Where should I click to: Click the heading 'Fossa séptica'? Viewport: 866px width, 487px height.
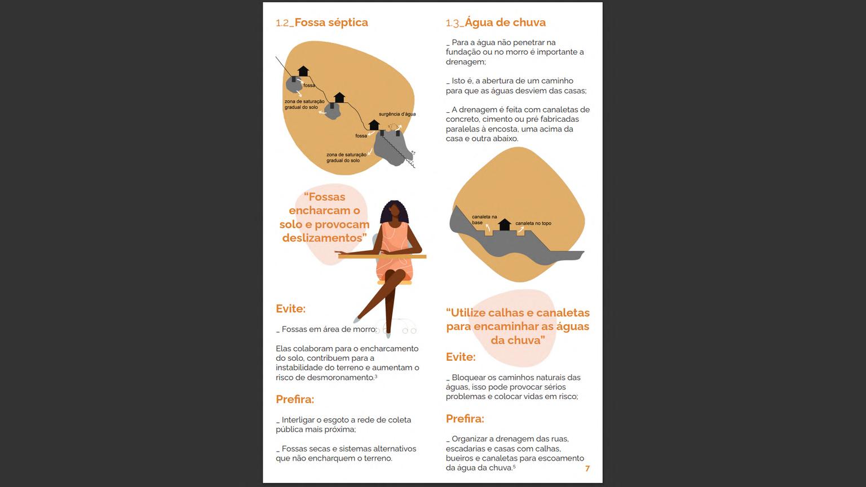pos(331,23)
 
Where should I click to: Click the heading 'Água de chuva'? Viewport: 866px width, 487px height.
pos(505,23)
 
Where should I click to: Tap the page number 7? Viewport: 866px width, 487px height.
pos(587,468)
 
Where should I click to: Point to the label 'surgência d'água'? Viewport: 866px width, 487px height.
pos(397,114)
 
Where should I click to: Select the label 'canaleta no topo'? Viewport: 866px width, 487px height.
pos(533,223)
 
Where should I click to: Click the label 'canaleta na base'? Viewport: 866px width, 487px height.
pos(484,219)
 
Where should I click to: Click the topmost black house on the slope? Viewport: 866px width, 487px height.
pos(303,71)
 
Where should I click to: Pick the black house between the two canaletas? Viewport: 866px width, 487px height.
pos(504,224)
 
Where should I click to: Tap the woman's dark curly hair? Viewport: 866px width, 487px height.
pos(394,211)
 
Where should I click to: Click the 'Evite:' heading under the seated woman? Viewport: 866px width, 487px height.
pos(290,309)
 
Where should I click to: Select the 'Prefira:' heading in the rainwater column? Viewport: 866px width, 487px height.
pos(465,419)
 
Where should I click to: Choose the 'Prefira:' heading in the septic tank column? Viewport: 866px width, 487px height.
pos(295,399)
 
